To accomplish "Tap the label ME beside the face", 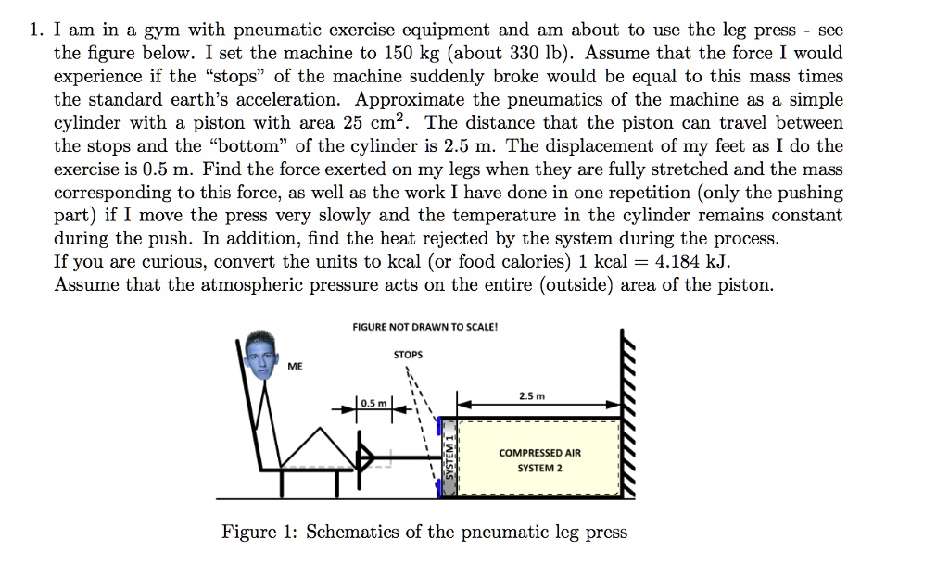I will pyautogui.click(x=294, y=367).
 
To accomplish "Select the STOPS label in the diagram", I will pyautogui.click(x=408, y=355).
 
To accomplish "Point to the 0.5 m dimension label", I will pyautogui.click(x=373, y=404).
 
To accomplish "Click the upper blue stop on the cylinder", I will pyautogui.click(x=439, y=427).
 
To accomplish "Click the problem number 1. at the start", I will pyautogui.click(x=36, y=31).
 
